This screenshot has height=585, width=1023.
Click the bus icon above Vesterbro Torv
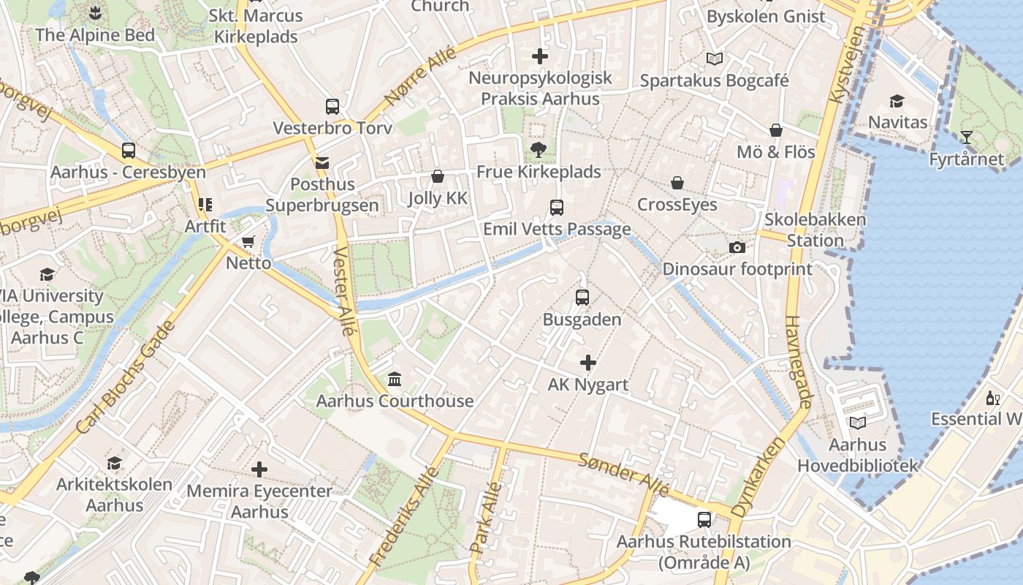[332, 107]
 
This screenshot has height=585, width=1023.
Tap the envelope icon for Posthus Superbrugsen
[322, 163]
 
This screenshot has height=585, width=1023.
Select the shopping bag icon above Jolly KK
[438, 176]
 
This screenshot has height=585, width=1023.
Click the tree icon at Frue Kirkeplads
[539, 151]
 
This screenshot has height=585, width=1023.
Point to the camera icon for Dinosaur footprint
[737, 247]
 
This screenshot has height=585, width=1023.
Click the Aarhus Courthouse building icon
[395, 379]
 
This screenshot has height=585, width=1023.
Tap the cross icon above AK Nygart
[587, 363]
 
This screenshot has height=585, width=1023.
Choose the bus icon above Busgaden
[582, 298]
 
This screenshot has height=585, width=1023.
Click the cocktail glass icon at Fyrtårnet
[966, 137]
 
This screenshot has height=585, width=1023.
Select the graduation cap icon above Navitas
[897, 101]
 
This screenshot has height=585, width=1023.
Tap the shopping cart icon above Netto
[248, 241]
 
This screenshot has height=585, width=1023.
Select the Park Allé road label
[487, 516]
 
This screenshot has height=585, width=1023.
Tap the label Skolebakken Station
[815, 230]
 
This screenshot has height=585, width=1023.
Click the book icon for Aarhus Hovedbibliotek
[857, 423]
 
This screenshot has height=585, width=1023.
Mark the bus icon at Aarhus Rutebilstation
[704, 520]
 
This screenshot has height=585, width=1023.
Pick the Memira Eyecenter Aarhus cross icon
[259, 469]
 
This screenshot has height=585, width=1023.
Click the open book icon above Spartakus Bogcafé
[714, 59]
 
